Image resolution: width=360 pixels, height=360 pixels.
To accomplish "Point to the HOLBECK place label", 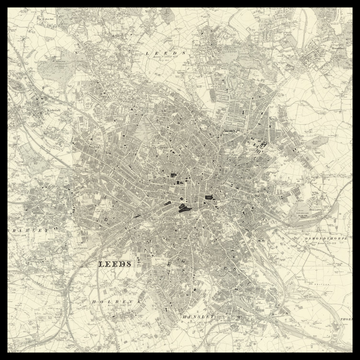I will click(x=112, y=299).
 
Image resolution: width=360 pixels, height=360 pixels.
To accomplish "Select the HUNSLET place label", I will click(x=200, y=316).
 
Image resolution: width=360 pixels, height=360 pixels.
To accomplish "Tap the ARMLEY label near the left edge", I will click(x=22, y=213).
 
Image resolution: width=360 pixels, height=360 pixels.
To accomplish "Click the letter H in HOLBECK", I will click(x=92, y=299).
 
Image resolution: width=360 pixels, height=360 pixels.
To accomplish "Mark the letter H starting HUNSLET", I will click(x=182, y=316).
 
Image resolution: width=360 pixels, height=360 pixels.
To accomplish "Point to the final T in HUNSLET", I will click(x=219, y=316).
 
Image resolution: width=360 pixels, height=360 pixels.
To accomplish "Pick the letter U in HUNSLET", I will click(x=188, y=316).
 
